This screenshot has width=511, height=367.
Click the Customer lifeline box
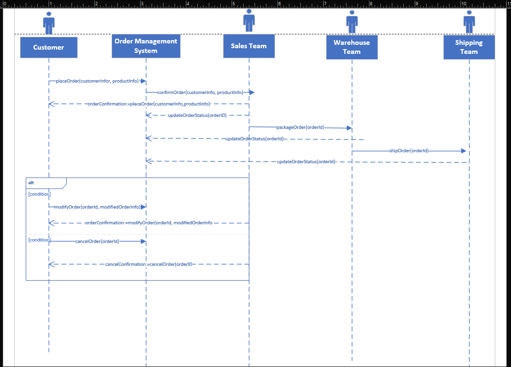point(49,47)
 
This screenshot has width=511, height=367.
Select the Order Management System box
point(146,46)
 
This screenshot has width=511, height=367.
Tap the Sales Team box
point(249,46)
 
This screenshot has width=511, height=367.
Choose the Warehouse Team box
point(352,47)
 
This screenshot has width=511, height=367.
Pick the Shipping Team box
point(469,47)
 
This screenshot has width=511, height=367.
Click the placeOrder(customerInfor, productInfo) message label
point(97,81)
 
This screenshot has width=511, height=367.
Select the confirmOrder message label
point(200,92)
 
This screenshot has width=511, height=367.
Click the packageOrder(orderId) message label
point(300,127)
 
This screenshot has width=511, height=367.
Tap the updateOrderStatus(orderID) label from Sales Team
point(197,115)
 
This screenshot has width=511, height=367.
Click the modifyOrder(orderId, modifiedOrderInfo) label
point(97,207)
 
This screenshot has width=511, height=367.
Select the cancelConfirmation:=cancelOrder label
point(149,264)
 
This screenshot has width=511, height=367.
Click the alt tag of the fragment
point(31,183)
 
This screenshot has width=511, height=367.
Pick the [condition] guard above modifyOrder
point(39,194)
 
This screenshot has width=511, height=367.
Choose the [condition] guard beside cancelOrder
point(39,240)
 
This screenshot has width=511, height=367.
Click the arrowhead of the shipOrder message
point(463,151)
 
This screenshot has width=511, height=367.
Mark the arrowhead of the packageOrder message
point(349,128)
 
